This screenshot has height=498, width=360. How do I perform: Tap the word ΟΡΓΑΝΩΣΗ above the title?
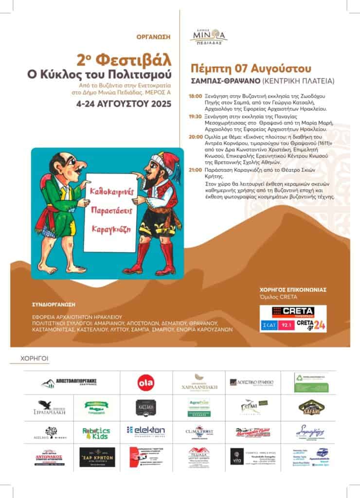click(157, 36)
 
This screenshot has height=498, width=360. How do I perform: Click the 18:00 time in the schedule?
click(195, 97)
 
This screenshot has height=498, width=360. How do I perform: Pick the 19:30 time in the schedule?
click(195, 117)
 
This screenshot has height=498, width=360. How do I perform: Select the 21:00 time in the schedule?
click(195, 171)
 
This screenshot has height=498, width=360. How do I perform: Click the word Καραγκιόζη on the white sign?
click(110, 228)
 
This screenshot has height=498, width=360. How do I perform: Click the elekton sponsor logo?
click(146, 430)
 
